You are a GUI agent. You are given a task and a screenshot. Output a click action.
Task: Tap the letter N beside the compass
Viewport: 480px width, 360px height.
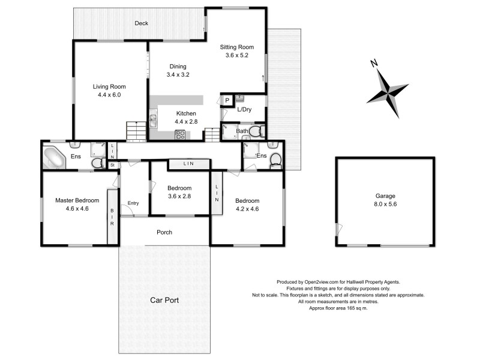pyautogui.click(x=373, y=63)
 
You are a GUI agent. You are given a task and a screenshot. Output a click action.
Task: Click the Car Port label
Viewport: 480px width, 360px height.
pyautogui.click(x=164, y=300)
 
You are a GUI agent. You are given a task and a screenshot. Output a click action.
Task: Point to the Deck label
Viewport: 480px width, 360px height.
pyautogui.click(x=141, y=23)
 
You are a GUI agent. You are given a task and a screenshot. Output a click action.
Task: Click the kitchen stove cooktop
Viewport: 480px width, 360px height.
pyautogui.click(x=179, y=134)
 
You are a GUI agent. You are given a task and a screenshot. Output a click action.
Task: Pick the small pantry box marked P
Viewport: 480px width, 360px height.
pyautogui.click(x=227, y=101)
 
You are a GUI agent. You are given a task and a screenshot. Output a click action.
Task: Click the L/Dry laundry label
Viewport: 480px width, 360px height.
pyautogui.click(x=244, y=110)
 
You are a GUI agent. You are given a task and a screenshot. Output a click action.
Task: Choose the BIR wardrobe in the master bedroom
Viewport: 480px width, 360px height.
pyautogui.click(x=112, y=216)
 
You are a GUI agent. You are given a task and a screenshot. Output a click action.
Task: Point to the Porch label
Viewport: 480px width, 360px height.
pyautogui.click(x=164, y=232)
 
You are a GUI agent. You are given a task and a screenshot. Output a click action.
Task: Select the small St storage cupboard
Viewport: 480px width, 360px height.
pyautogui.click(x=112, y=164)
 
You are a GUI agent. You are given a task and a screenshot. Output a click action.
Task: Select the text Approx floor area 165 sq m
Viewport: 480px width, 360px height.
pyautogui.click(x=338, y=308)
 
